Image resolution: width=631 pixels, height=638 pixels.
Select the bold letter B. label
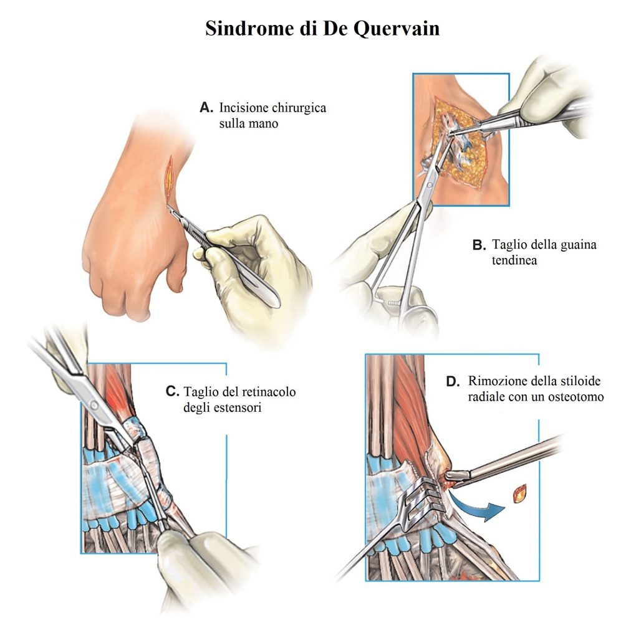[x=479, y=245]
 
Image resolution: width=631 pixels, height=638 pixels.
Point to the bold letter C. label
[x=172, y=391]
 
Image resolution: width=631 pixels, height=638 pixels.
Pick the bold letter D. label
[x=453, y=382]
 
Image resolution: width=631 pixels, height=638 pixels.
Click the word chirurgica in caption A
[x=299, y=108]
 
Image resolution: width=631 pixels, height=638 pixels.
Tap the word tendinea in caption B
[x=514, y=260]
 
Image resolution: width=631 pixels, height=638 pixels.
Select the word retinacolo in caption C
[x=269, y=392]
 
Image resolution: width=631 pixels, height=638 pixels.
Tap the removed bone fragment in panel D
[x=520, y=493]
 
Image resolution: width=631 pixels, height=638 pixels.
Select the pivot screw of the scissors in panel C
[x=94, y=405]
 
